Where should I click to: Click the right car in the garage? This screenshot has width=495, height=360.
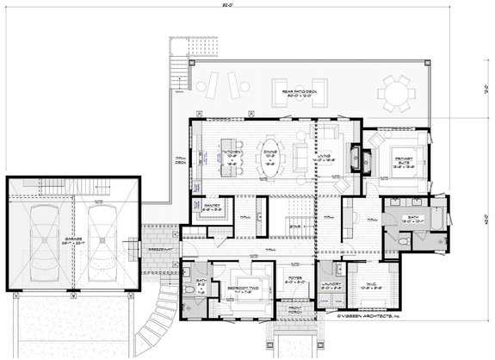pos(102,236)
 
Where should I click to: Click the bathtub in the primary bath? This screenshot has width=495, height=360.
pos(440,222)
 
